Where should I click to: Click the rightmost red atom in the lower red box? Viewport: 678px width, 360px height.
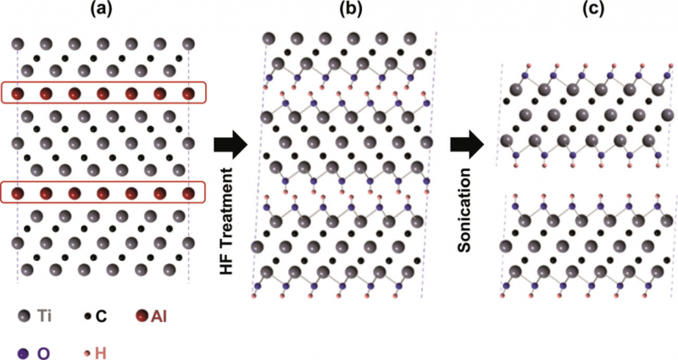click(x=189, y=194)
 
